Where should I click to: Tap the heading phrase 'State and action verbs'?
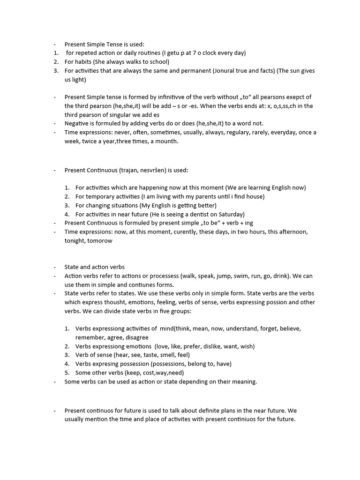point(94,267)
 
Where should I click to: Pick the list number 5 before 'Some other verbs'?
point(67,373)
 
